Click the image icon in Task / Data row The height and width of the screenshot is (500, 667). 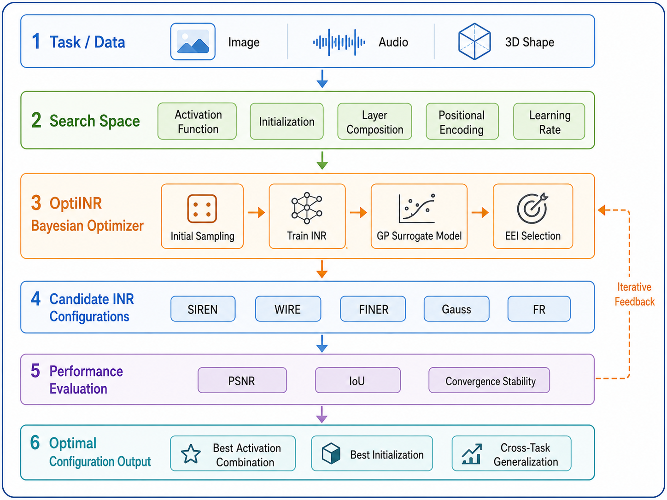click(193, 41)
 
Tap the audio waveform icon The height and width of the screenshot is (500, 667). click(339, 42)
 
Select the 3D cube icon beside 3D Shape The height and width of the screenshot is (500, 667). click(474, 41)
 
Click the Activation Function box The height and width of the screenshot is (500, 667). click(197, 121)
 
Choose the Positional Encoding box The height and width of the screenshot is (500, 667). click(462, 122)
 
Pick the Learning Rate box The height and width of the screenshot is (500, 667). click(549, 122)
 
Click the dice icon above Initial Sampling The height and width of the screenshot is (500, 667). click(202, 209)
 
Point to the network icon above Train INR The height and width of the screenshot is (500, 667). click(307, 208)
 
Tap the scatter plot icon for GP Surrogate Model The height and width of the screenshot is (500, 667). click(417, 209)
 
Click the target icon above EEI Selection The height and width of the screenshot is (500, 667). click(532, 209)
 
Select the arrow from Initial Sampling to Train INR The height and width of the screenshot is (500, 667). click(256, 212)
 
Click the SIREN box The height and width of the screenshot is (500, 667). click(203, 309)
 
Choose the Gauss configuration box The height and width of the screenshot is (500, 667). click(456, 309)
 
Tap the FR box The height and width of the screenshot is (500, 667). click(539, 309)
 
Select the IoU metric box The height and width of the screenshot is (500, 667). click(358, 380)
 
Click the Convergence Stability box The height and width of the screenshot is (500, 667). click(489, 380)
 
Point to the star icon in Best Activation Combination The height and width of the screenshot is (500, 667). click(191, 454)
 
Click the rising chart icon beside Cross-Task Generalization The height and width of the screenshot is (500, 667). click(472, 454)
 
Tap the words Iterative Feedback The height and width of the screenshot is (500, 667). click(634, 294)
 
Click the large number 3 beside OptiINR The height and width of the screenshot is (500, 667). click(36, 203)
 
